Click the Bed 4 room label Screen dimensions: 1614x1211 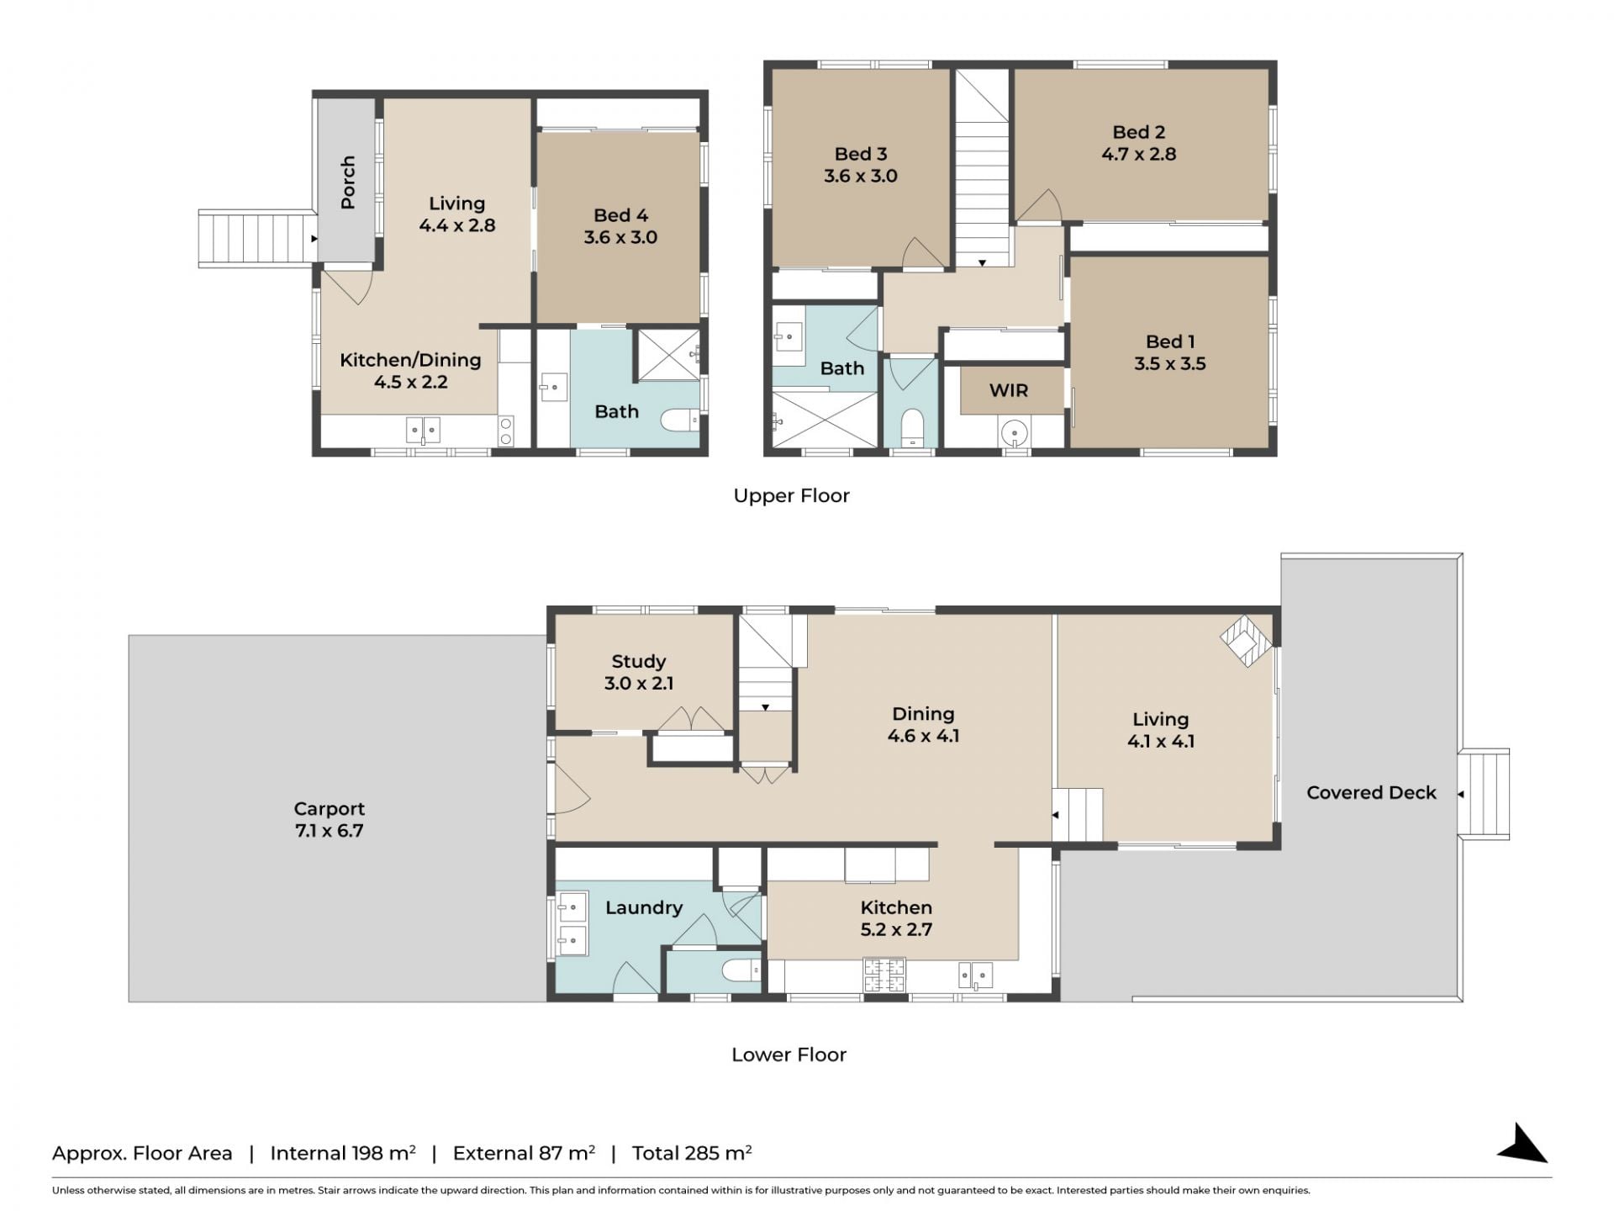pyautogui.click(x=620, y=215)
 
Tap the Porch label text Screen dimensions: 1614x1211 pyautogui.click(x=348, y=182)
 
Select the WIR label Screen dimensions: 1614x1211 pyautogui.click(x=1009, y=390)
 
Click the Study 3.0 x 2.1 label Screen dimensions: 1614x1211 pyautogui.click(x=639, y=672)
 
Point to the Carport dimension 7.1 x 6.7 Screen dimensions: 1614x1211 pyautogui.click(x=330, y=831)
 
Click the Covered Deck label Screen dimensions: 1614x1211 pyautogui.click(x=1371, y=792)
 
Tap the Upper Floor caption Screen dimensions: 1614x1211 pyautogui.click(x=791, y=495)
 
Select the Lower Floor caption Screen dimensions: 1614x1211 pyautogui.click(x=789, y=1055)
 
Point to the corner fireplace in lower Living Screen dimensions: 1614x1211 pyautogui.click(x=1246, y=641)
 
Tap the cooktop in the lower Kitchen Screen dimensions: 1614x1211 pyautogui.click(x=884, y=976)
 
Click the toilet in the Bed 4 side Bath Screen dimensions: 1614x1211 pyautogui.click(x=680, y=419)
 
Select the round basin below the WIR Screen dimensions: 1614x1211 pyautogui.click(x=1015, y=434)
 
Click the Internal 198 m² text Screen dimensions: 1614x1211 pyautogui.click(x=343, y=1153)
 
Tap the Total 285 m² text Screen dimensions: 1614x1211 pyautogui.click(x=692, y=1153)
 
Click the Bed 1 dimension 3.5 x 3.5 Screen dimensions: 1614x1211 pyautogui.click(x=1170, y=364)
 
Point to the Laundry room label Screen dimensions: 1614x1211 pyautogui.click(x=644, y=908)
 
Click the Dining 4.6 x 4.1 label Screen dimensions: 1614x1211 pyautogui.click(x=923, y=725)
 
